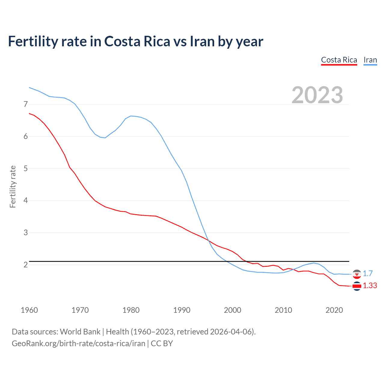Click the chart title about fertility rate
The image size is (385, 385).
(135, 41)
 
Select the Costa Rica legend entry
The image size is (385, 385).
(339, 60)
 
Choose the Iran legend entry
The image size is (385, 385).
(370, 60)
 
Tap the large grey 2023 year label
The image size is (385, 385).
(317, 95)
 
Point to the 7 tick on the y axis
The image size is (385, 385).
(26, 104)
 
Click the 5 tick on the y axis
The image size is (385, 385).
(26, 168)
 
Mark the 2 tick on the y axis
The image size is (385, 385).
(26, 265)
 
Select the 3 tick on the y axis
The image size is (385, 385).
(26, 233)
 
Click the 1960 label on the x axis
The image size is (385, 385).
(29, 310)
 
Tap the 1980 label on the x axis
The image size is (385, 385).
(131, 310)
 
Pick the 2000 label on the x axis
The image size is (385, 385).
(233, 310)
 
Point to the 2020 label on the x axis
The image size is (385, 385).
(334, 310)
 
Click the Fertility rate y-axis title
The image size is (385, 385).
(13, 186)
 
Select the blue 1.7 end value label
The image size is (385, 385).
(368, 273)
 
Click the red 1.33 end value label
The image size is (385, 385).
(370, 286)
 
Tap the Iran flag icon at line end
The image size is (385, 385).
(357, 274)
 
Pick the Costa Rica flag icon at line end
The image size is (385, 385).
(357, 286)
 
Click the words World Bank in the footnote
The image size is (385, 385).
(80, 332)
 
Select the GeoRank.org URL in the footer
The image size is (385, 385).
(78, 343)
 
